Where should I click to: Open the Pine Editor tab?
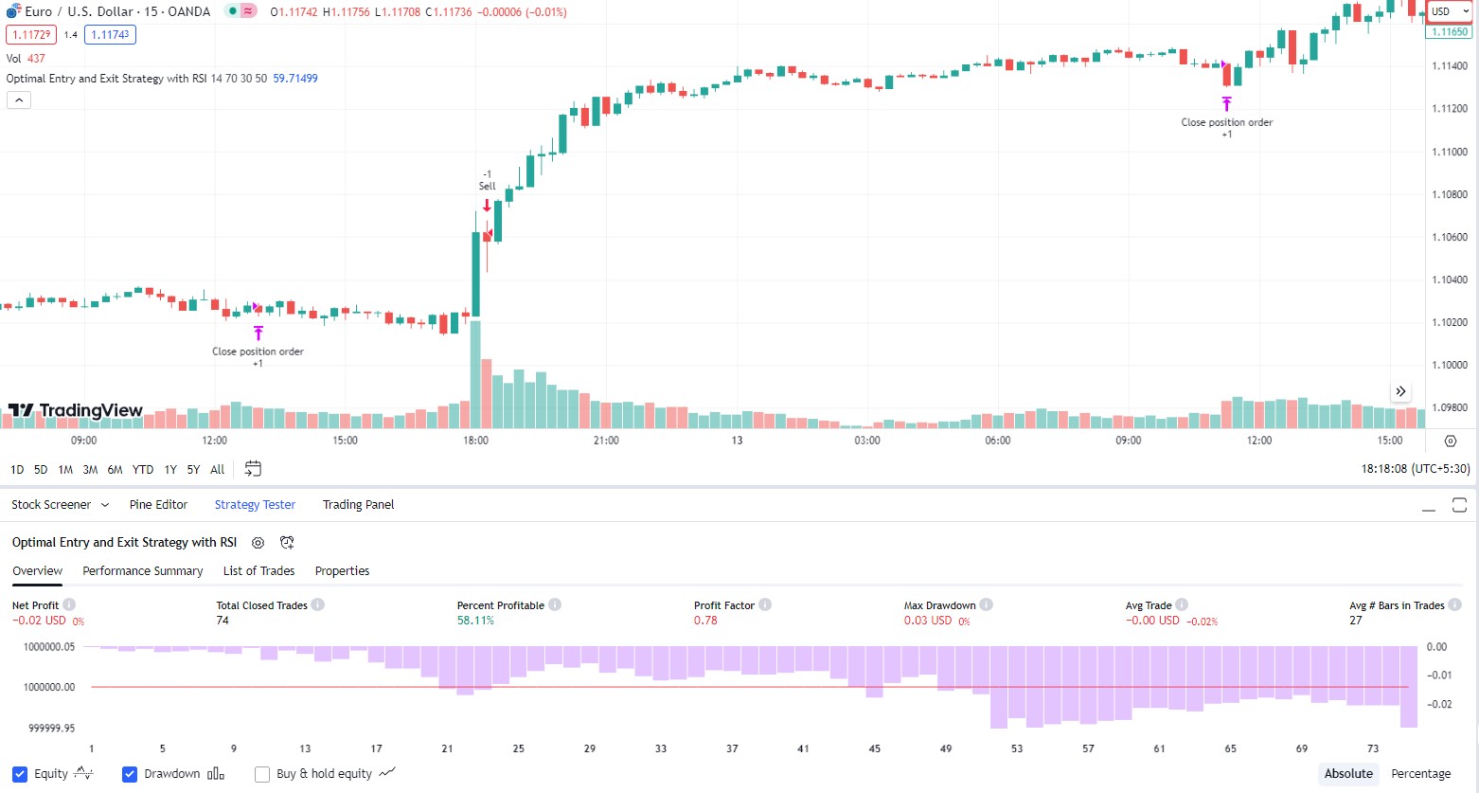(158, 505)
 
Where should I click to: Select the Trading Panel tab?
(358, 505)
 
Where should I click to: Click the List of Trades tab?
(258, 571)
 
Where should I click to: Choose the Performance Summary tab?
(143, 571)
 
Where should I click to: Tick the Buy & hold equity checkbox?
(262, 774)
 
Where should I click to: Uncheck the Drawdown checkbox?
(130, 774)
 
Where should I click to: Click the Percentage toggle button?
(1421, 774)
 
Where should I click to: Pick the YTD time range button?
(143, 470)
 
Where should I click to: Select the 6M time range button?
(115, 470)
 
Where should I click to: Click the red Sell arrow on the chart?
(487, 206)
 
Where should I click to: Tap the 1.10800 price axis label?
(1450, 194)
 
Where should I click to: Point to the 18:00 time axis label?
(475, 441)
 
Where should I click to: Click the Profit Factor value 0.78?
(705, 621)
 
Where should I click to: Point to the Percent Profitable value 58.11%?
(475, 621)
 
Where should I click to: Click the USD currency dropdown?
(1450, 11)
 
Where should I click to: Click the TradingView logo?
(75, 410)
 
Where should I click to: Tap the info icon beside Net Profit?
(69, 604)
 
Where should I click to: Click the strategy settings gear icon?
(258, 543)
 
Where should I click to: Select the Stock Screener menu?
(60, 505)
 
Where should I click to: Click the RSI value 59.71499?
(295, 79)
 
